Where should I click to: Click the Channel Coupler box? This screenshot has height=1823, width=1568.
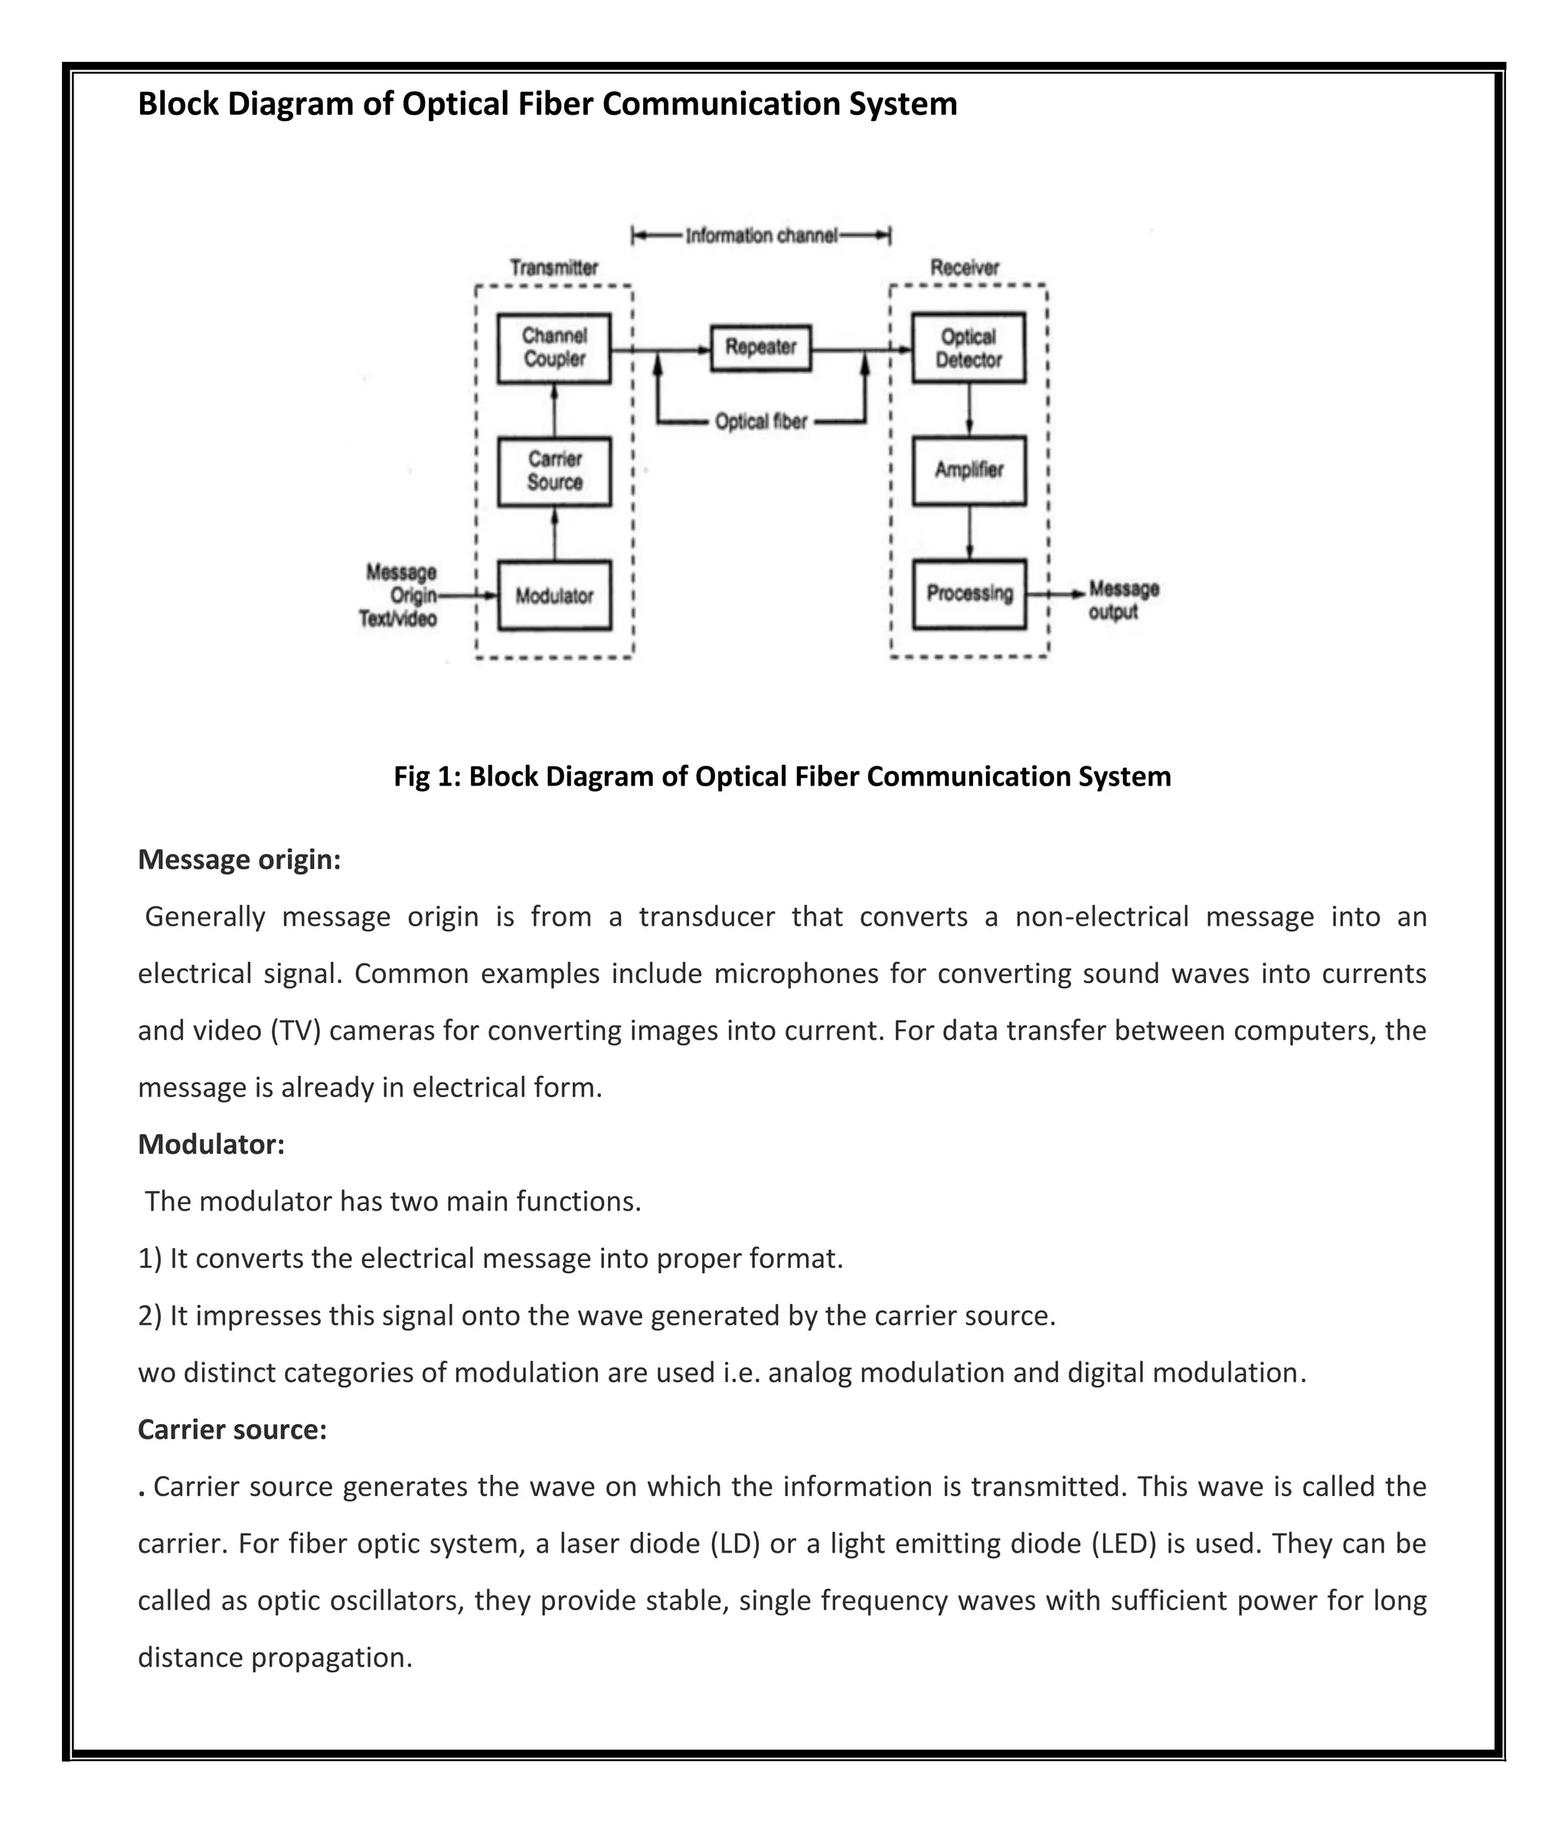coord(554,348)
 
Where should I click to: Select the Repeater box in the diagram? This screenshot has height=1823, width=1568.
coord(760,348)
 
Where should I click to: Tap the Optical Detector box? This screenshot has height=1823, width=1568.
coord(968,348)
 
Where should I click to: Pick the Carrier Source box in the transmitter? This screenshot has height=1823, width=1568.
coord(554,472)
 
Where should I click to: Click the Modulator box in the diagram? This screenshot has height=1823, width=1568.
coord(554,596)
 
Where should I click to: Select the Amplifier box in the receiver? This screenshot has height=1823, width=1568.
coord(969,471)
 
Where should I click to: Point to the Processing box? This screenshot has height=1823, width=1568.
coord(969,594)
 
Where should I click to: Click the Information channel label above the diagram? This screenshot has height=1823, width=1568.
coord(761,236)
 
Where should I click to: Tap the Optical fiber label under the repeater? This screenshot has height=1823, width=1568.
coord(760,423)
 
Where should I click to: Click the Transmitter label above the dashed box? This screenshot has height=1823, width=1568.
coord(554,267)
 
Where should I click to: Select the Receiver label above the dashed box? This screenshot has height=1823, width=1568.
coord(965,267)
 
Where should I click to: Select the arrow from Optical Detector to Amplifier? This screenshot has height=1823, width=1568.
coord(969,409)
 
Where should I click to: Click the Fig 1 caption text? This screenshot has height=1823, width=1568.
coord(782,777)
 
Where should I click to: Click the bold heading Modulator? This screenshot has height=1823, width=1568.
coord(211,1145)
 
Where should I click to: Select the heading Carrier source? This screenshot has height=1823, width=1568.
coord(232,1429)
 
